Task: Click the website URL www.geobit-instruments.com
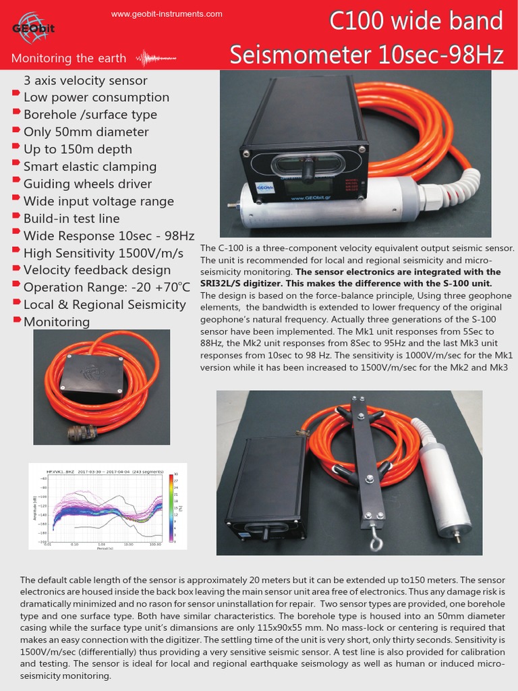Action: [167, 13]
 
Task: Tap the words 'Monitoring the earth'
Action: [69, 58]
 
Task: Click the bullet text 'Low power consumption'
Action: [96, 97]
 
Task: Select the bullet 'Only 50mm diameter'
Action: [86, 132]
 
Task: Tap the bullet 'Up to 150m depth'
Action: [78, 149]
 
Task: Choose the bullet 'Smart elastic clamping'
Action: [90, 167]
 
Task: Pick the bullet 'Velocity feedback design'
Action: [97, 270]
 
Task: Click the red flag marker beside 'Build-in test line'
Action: [17, 217]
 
